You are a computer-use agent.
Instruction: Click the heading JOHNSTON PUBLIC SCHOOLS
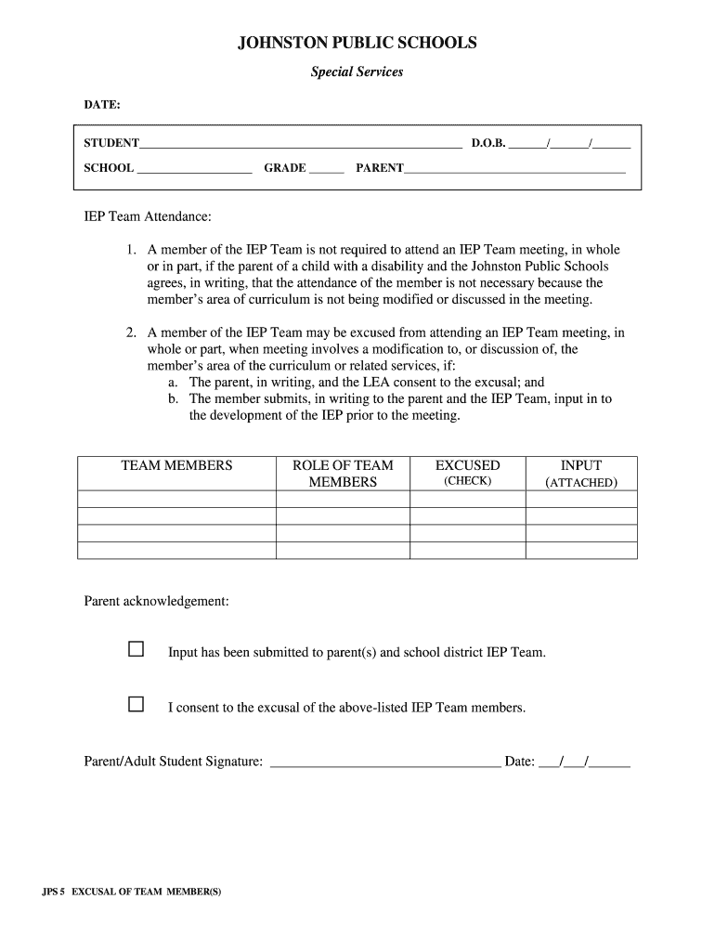(357, 43)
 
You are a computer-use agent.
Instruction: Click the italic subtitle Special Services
(357, 72)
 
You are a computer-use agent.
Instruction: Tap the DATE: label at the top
(102, 105)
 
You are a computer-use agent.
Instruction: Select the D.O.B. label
(487, 144)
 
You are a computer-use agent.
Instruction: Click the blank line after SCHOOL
(194, 169)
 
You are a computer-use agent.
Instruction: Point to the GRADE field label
(284, 168)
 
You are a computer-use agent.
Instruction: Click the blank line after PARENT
(514, 169)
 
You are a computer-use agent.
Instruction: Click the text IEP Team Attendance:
(148, 216)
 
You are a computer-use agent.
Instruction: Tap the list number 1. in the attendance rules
(133, 250)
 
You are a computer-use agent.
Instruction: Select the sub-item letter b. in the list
(173, 398)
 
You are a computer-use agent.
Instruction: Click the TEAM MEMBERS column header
(176, 465)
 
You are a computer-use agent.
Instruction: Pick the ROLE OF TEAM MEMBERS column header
(343, 474)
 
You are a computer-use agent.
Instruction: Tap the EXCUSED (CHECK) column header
(467, 473)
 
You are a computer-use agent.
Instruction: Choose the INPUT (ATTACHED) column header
(581, 474)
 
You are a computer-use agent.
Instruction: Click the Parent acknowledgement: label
(156, 602)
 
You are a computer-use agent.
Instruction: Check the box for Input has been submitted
(136, 649)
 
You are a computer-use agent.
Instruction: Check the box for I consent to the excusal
(136, 705)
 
